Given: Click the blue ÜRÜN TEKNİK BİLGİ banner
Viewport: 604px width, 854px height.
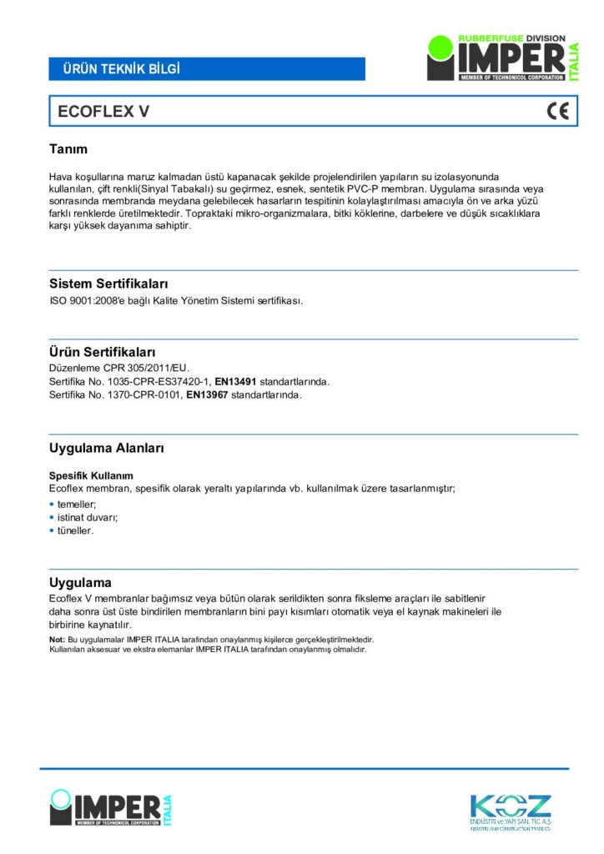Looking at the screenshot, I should tap(207, 68).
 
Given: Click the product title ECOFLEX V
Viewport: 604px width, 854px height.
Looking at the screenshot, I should tap(103, 112).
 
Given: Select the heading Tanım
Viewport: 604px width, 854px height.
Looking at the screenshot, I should tap(68, 149).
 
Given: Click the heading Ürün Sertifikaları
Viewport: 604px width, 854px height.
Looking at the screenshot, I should tap(102, 352).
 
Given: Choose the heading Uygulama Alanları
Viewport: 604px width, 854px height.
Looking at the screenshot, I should tap(106, 448).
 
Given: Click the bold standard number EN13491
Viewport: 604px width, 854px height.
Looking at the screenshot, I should tap(236, 381).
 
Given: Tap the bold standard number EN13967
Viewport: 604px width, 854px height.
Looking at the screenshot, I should tap(207, 394).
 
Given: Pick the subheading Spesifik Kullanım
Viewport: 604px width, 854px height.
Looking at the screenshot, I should tap(91, 475).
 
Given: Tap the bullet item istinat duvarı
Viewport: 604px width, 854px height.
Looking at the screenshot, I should tap(88, 517).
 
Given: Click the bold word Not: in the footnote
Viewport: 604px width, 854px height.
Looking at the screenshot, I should tap(58, 639).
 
